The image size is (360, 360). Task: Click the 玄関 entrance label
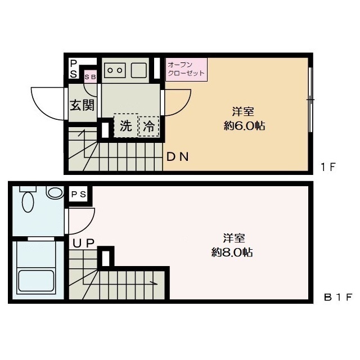coord(82,105)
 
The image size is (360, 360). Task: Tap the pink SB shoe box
coord(90,76)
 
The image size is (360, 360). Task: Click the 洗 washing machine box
coord(125,126)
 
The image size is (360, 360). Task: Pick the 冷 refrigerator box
coord(149,127)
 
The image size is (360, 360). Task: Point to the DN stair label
coord(177,157)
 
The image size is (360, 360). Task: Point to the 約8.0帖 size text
coord(232,253)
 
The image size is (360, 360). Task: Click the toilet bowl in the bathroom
coord(28,200)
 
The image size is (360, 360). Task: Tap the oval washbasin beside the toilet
coord(55,193)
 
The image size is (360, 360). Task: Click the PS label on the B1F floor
coord(79,195)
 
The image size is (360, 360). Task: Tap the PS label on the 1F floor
coord(74,69)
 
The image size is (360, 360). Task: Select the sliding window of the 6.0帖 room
coord(310,100)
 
